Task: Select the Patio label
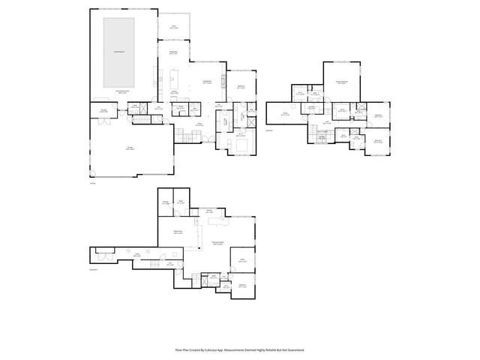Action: [x=172, y=26]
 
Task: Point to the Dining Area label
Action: [x=172, y=52]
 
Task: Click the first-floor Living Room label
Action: [x=206, y=82]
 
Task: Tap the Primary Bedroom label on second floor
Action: [x=341, y=82]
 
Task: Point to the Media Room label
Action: [x=179, y=233]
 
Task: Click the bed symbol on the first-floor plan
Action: [x=242, y=143]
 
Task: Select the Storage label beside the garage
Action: [x=103, y=112]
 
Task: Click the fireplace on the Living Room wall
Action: [x=223, y=88]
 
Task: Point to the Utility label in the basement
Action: [x=137, y=256]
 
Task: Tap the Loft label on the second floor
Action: [x=328, y=121]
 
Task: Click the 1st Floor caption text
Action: [x=93, y=182]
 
